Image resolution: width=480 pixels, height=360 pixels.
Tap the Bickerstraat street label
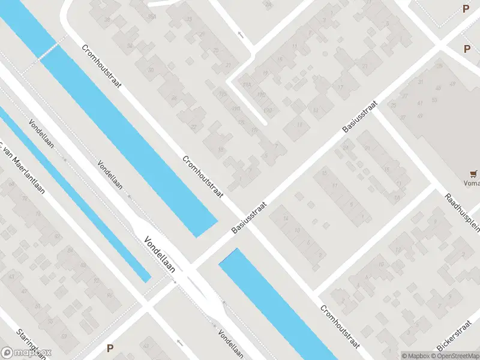click(x=460, y=340)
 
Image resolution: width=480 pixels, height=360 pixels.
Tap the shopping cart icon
click(x=475, y=173)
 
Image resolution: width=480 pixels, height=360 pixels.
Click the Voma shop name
click(x=472, y=184)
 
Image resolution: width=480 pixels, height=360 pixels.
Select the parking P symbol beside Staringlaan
click(x=110, y=348)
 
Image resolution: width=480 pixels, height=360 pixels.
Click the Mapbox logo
click(x=26, y=353)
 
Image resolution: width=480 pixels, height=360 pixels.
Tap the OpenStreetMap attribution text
click(x=456, y=356)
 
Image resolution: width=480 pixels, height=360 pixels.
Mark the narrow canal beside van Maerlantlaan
click(x=78, y=198)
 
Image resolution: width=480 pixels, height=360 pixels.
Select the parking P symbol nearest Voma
click(x=467, y=49)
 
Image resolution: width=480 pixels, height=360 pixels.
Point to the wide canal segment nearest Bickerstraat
click(x=282, y=306)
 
